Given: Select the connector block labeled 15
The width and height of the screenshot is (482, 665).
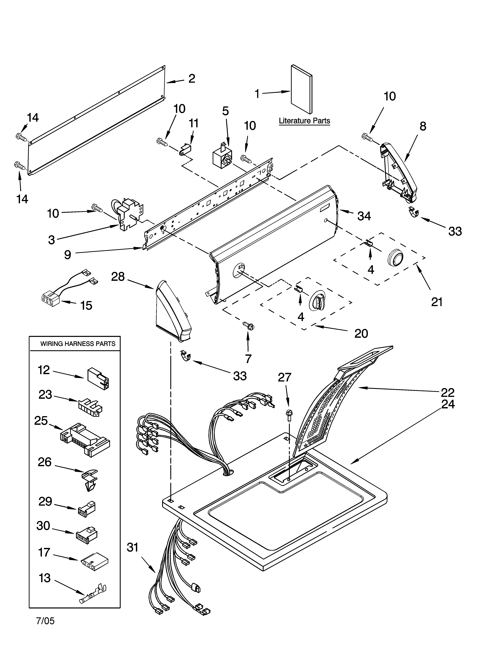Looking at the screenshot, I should [51, 300].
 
